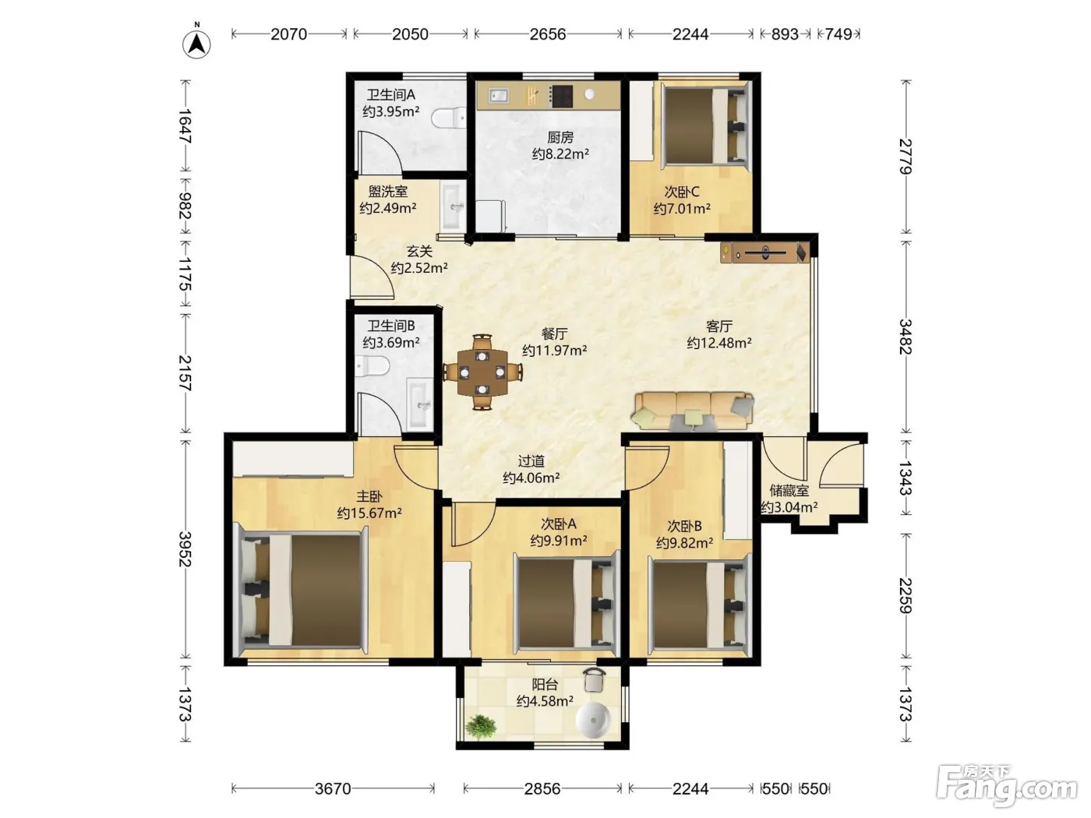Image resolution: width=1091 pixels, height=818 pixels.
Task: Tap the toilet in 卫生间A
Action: [x=449, y=118]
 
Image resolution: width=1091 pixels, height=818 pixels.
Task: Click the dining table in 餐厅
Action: [x=482, y=372]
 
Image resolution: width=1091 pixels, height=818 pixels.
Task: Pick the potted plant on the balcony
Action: [x=481, y=727]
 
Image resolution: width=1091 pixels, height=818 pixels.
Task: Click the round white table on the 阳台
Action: [x=593, y=718]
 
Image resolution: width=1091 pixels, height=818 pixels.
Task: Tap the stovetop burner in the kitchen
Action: [x=562, y=97]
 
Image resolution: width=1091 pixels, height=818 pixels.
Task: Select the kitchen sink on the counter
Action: [x=497, y=95]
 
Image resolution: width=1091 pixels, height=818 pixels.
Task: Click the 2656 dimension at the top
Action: [x=547, y=34]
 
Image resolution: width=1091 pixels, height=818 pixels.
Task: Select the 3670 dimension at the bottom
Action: [x=333, y=788]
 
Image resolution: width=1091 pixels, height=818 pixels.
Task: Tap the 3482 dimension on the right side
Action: [x=906, y=337]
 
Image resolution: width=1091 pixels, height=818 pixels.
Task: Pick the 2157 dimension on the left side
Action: [x=185, y=372]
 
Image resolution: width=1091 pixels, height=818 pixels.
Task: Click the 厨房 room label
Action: [x=560, y=137]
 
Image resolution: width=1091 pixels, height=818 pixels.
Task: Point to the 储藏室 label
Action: [x=789, y=492]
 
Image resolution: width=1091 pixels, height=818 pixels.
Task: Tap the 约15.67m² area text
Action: [x=369, y=513]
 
